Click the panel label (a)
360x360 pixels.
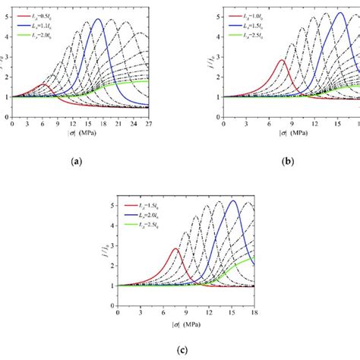74,162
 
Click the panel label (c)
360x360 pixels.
182,349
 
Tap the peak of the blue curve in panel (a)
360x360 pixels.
98,20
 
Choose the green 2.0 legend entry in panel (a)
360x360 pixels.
43,36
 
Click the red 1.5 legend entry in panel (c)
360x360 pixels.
147,206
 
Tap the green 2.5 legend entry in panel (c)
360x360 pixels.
147,226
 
